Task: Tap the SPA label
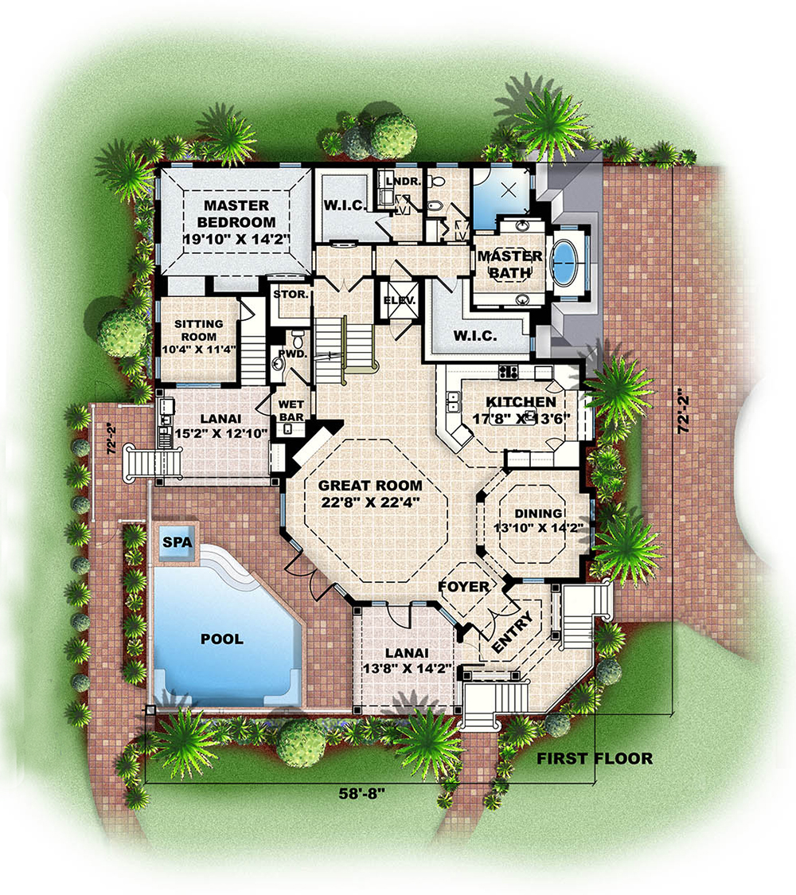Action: (x=178, y=541)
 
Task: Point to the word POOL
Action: (x=222, y=639)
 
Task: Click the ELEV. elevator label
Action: (x=400, y=300)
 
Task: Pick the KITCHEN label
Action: (x=521, y=402)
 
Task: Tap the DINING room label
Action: (x=539, y=514)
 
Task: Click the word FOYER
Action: (x=464, y=586)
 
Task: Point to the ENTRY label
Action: (x=513, y=631)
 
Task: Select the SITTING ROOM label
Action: (x=198, y=330)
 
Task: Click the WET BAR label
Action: (x=291, y=411)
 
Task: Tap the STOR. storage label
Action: (x=291, y=295)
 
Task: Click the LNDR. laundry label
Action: (x=404, y=182)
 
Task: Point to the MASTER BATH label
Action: (x=509, y=264)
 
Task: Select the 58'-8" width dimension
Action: (x=361, y=794)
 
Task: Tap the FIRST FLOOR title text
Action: (x=595, y=759)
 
